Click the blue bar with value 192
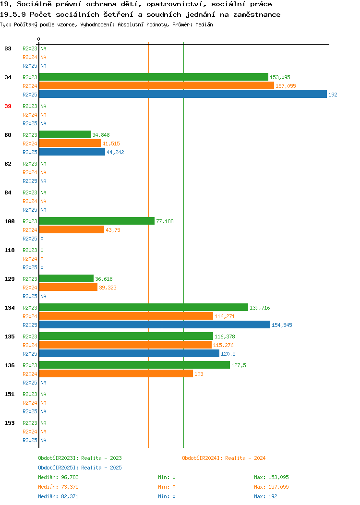point(183,95)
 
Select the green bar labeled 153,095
point(154,77)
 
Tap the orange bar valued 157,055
point(156,85)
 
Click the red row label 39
point(8,106)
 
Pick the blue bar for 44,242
point(72,152)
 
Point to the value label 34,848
point(101,135)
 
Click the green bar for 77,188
point(97,221)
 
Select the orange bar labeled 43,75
point(72,229)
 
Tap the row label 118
point(10,250)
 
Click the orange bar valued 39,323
point(68,287)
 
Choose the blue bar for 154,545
point(155,325)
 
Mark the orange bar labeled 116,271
point(126,316)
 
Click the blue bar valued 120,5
point(129,353)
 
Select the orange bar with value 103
point(116,373)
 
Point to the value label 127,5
point(239,365)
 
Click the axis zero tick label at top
point(39,39)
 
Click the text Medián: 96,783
point(58,477)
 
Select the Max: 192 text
point(265,496)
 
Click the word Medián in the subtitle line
point(204,24)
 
